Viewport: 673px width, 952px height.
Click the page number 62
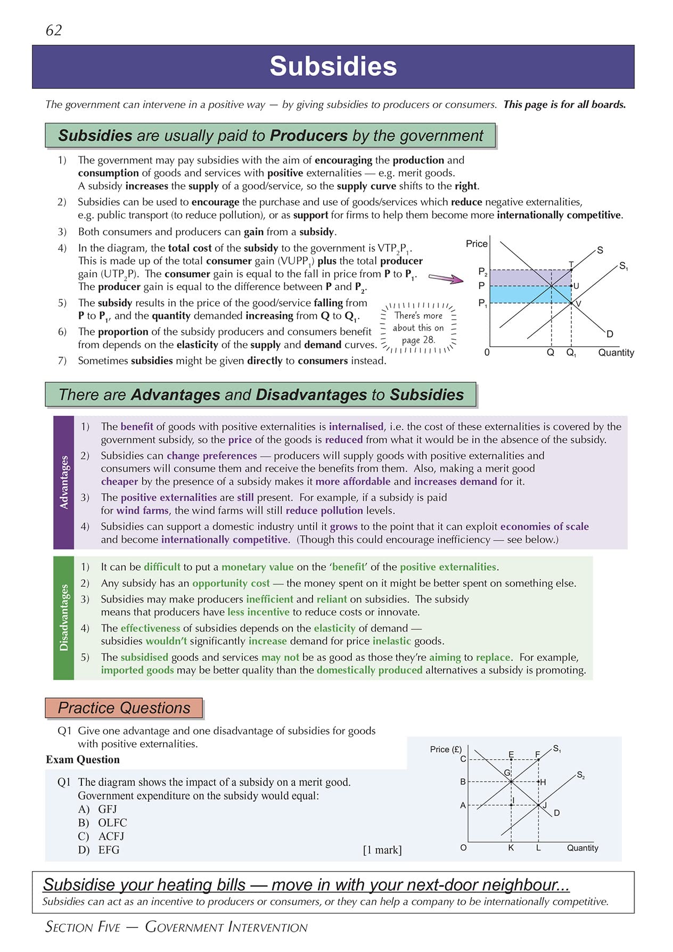coord(54,30)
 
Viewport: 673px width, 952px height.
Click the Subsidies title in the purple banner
coord(333,67)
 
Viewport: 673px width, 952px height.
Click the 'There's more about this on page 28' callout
coord(418,328)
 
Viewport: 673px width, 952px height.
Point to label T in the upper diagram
coord(571,264)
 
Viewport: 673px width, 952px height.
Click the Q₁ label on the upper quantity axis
coord(571,353)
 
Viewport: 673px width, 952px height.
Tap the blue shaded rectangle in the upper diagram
coord(530,294)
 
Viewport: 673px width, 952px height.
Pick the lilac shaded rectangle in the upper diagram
coord(530,278)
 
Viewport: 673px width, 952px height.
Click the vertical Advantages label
coord(64,482)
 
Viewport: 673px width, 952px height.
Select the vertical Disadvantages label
coord(64,618)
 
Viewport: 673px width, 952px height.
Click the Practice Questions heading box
coord(124,708)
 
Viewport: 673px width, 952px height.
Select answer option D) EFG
coord(99,850)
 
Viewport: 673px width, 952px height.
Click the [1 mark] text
coord(382,850)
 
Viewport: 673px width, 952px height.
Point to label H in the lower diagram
coord(543,782)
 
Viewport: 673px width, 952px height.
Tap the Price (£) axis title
coord(446,749)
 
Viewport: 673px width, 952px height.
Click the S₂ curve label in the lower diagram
coord(580,775)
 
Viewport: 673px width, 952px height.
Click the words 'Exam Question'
coord(83,760)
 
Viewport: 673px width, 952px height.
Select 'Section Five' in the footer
coord(83,927)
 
